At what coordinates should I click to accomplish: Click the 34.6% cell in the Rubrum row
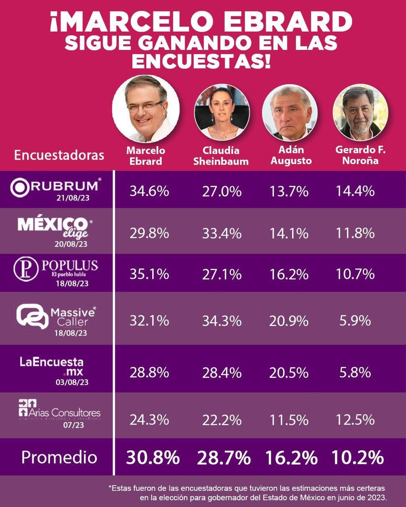[149, 191]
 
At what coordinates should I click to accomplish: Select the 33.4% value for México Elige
[222, 233]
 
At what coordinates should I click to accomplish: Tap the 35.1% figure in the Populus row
[149, 274]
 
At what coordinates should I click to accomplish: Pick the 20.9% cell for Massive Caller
[289, 320]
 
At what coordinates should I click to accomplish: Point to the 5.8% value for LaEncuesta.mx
[355, 373]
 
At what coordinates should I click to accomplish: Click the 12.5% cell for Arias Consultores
[355, 419]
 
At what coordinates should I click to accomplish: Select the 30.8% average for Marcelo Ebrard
[153, 458]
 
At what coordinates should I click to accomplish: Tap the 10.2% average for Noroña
[357, 458]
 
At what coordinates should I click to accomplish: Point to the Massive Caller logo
[56, 316]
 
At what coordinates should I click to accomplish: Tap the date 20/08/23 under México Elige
[71, 244]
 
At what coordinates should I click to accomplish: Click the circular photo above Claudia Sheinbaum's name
[222, 112]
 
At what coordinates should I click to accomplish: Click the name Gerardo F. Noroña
[360, 155]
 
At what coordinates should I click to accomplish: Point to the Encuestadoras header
[59, 155]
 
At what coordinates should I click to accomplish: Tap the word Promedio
[59, 457]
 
